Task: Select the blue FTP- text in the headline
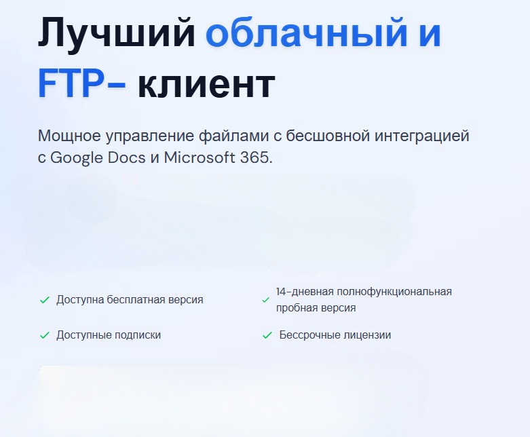click(81, 83)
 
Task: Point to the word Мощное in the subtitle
click(69, 136)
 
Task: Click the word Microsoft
click(199, 157)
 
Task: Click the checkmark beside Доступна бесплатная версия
click(45, 300)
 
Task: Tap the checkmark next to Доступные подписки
click(45, 335)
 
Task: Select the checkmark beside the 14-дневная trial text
click(265, 300)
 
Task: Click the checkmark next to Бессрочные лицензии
click(267, 335)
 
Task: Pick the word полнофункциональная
click(394, 292)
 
